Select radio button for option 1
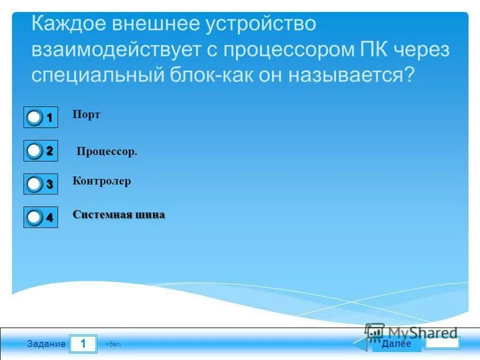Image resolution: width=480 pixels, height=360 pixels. pos(35,118)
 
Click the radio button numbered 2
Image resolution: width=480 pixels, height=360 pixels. pos(35,151)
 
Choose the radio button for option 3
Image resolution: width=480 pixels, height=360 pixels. pos(35,184)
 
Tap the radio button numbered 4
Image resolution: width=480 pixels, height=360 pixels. pos(35,217)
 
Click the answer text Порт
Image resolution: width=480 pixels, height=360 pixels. pos(86,115)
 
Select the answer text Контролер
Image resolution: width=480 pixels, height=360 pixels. pos(101,181)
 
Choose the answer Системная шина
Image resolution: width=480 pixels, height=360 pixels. pos(118,215)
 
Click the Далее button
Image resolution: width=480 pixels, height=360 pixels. pos(396,344)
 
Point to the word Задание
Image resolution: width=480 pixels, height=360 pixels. pos(46,344)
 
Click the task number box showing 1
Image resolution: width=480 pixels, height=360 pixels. pos(83,344)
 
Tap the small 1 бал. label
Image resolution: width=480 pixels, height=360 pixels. pos(113,345)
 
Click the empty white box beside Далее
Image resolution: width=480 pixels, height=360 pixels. pos(442,343)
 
